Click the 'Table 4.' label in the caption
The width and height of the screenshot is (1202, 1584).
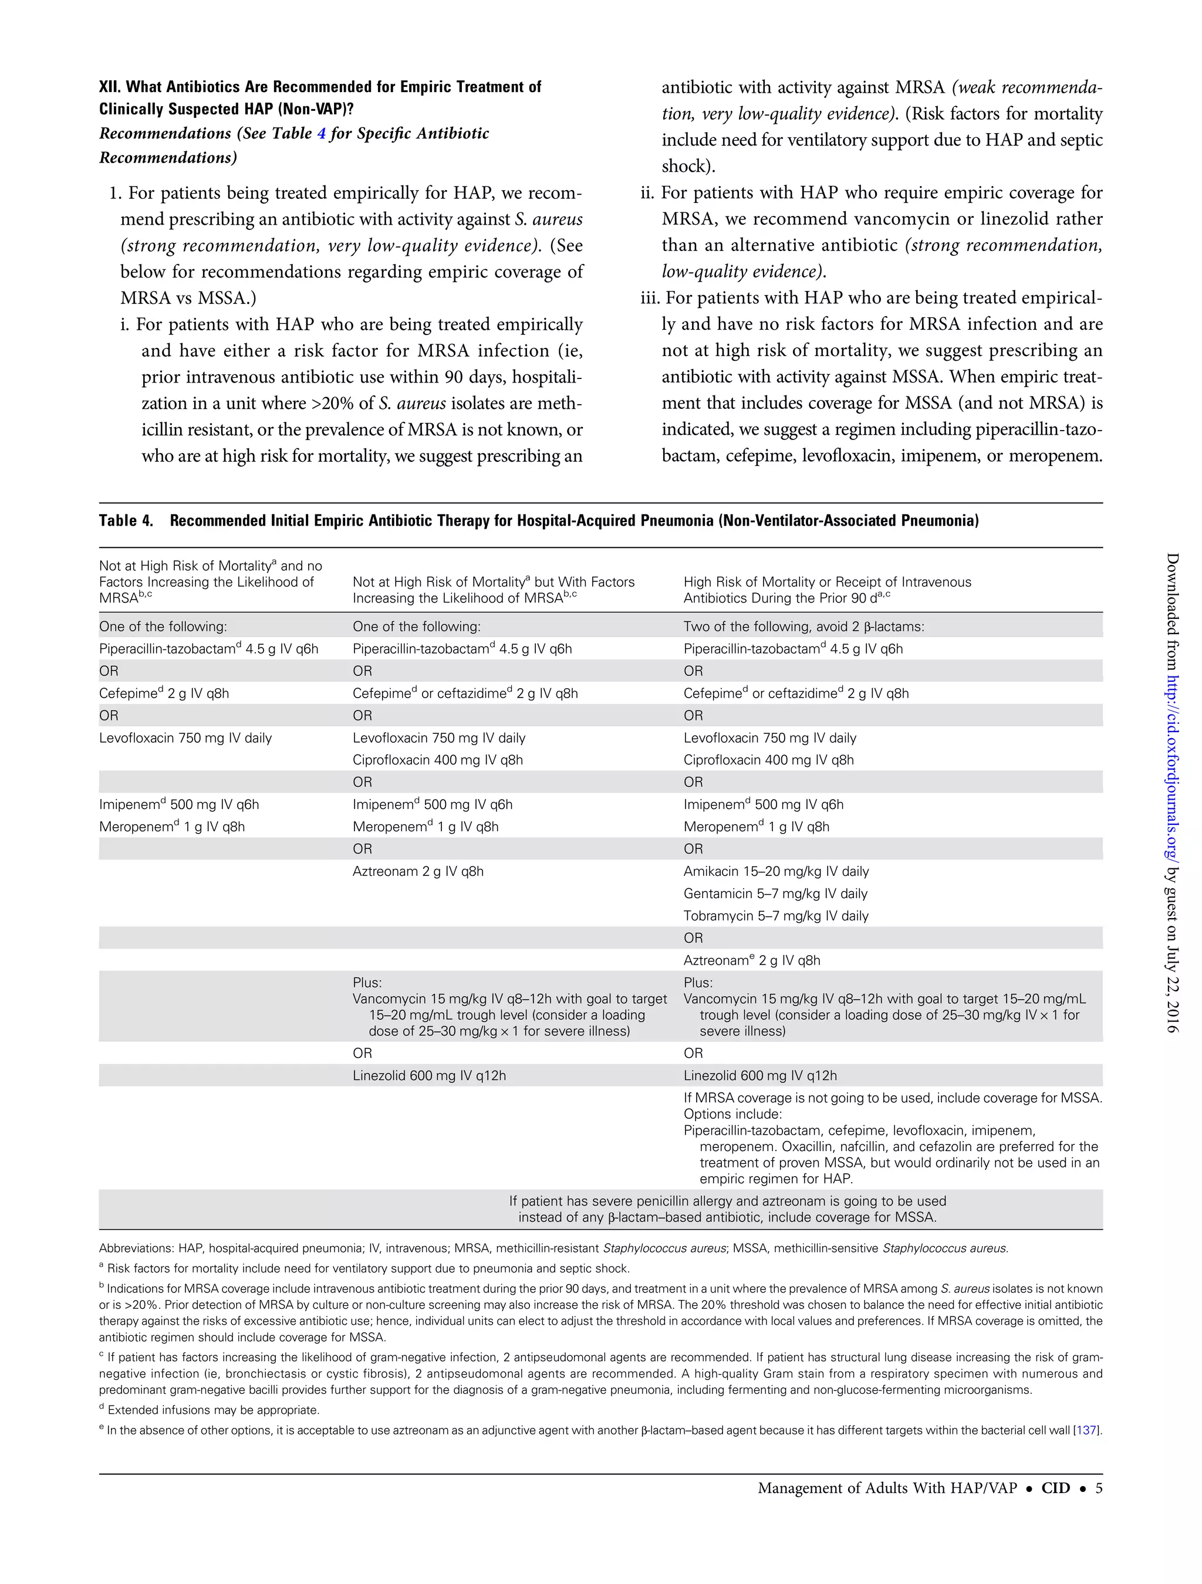coord(126,520)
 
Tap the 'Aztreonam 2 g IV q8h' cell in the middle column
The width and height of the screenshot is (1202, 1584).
coord(418,871)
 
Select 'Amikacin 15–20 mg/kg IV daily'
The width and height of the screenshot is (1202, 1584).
coord(776,871)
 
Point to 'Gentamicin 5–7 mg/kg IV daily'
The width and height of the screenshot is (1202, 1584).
coord(775,893)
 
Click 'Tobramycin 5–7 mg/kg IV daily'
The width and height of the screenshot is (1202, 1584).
coord(776,916)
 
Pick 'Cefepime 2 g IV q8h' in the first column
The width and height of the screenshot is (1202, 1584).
coord(164,693)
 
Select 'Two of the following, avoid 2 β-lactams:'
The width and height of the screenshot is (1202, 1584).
coord(803,627)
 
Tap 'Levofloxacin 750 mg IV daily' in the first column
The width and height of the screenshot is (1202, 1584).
coord(185,737)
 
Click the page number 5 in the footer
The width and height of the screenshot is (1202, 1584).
coord(1099,1488)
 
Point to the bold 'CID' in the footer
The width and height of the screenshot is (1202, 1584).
coord(1055,1488)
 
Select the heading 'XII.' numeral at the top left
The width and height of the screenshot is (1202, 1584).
coord(110,87)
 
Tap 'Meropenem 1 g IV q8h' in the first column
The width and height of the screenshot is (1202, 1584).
coord(172,827)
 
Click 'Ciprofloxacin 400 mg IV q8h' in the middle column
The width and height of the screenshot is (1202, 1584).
coord(437,760)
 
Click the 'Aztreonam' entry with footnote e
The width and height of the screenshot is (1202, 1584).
coord(751,960)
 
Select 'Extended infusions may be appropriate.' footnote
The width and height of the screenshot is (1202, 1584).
coord(212,1410)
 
